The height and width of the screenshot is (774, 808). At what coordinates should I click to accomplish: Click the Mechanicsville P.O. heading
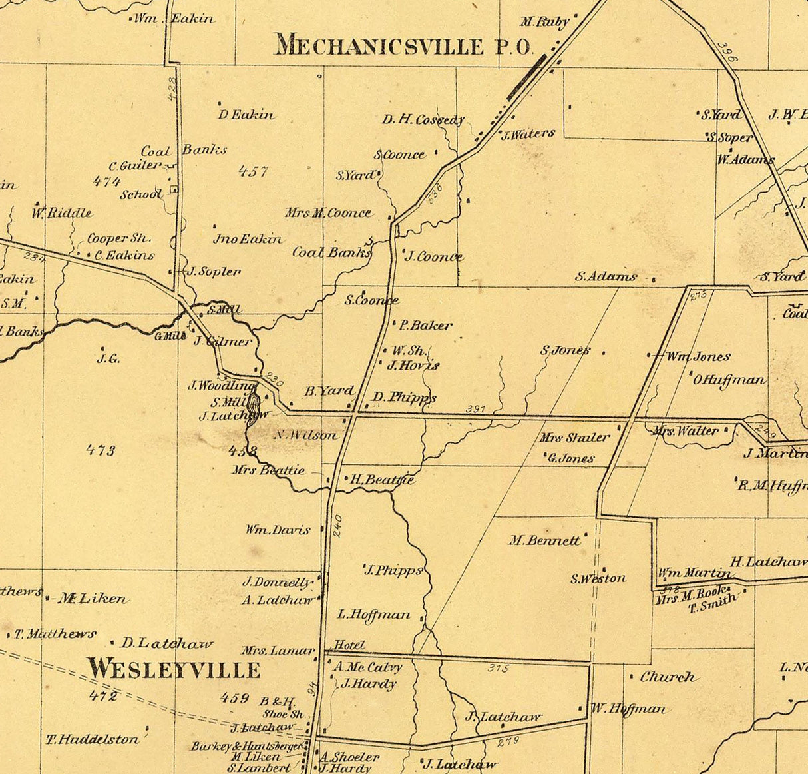click(x=404, y=46)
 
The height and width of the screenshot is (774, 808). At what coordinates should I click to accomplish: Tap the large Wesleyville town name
click(x=174, y=668)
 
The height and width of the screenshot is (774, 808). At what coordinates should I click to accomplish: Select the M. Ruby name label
click(x=544, y=22)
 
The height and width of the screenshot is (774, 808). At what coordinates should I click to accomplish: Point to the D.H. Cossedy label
click(x=423, y=120)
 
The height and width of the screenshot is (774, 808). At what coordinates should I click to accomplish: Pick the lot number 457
click(x=253, y=171)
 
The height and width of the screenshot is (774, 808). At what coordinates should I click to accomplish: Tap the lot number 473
click(x=101, y=450)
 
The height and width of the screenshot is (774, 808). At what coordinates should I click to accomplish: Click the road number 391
click(x=475, y=408)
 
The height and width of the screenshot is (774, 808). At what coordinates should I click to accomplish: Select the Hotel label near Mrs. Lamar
click(x=349, y=645)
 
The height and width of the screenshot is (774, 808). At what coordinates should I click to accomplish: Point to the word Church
click(x=668, y=677)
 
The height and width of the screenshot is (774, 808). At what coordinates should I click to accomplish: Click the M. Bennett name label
click(x=544, y=540)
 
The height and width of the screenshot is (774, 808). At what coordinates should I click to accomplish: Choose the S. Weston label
click(x=598, y=579)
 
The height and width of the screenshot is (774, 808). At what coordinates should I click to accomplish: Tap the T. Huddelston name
click(x=93, y=739)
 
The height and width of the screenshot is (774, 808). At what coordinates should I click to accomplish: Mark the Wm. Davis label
click(x=278, y=530)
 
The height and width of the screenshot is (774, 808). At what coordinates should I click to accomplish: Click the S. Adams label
click(x=606, y=276)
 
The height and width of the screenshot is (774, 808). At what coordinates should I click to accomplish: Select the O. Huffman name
click(x=729, y=380)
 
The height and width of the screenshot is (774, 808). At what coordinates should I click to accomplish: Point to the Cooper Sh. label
click(x=119, y=238)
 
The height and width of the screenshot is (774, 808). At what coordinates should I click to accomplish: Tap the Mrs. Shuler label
click(x=574, y=438)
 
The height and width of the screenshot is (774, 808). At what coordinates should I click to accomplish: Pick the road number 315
click(x=497, y=668)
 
